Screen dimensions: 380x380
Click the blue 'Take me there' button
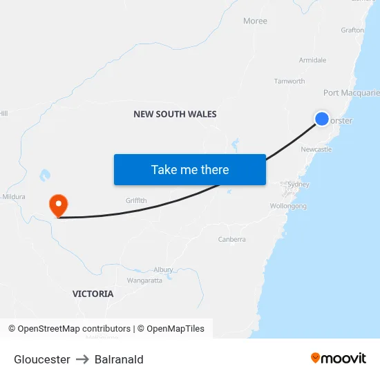click(190, 169)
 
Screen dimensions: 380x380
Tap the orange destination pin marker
click(59, 204)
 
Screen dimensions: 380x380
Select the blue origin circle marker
click(322, 119)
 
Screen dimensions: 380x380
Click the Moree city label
click(255, 21)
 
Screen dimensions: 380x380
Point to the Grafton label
click(352, 30)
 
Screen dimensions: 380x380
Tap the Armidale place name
click(312, 60)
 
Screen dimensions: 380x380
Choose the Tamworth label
click(289, 81)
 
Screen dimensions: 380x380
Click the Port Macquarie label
click(351, 93)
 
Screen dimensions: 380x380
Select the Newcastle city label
click(316, 149)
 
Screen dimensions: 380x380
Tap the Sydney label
click(298, 184)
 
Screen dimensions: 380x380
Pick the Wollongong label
click(289, 206)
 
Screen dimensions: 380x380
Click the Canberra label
click(231, 239)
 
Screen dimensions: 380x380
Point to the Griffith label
click(136, 200)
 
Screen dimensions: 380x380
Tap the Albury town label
click(164, 269)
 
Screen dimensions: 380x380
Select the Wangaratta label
click(144, 281)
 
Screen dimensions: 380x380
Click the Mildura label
click(13, 196)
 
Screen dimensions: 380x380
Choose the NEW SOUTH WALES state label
click(175, 114)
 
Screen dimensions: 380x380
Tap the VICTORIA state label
click(93, 294)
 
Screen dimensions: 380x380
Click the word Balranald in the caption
click(119, 359)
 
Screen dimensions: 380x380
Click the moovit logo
click(339, 358)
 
